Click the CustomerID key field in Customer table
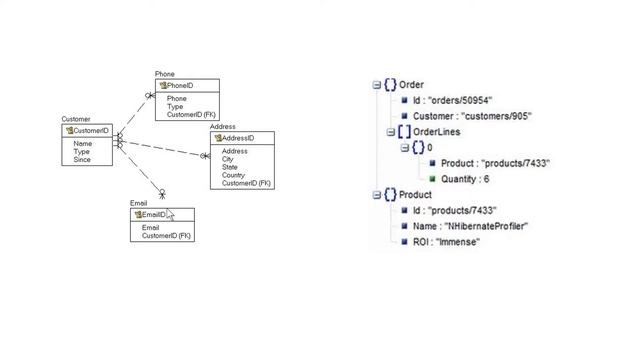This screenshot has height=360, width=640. (x=90, y=131)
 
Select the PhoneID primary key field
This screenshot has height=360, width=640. (x=180, y=86)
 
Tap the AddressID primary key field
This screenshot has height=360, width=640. (x=237, y=138)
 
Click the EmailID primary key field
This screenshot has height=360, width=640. (x=153, y=215)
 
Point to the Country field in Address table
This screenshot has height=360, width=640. (x=234, y=175)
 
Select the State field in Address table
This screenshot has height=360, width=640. (x=229, y=167)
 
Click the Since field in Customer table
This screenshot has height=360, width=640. (x=82, y=160)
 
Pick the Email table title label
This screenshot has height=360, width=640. (x=138, y=203)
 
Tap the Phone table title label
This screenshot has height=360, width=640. (x=164, y=74)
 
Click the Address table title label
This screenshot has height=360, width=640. (x=222, y=127)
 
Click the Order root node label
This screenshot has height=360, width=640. (x=411, y=85)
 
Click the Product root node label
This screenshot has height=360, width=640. (x=415, y=195)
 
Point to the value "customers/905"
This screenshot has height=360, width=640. (x=497, y=116)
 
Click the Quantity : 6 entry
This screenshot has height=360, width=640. (x=465, y=179)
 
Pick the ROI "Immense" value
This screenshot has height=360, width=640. (x=457, y=242)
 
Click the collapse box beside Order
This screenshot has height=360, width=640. (x=377, y=85)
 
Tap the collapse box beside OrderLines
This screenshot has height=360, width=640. (x=391, y=132)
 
